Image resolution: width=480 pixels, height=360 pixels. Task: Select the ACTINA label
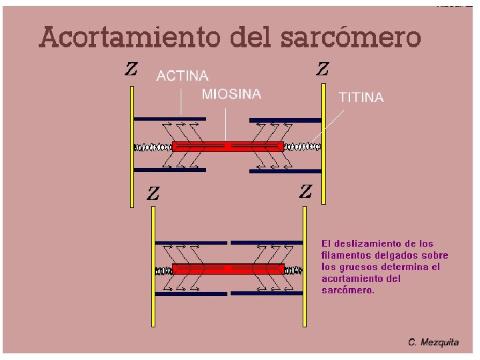point(182,76)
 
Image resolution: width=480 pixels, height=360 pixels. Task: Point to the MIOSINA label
point(231,95)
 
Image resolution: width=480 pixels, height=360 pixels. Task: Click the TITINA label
point(362,97)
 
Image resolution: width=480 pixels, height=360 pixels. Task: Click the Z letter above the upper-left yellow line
point(131,69)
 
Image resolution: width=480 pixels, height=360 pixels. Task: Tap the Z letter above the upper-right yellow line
point(322,69)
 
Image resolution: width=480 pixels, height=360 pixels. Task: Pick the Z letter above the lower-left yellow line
point(153,194)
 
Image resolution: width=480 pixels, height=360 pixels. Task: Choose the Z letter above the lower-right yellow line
point(305,192)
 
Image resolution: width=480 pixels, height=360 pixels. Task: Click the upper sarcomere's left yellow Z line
point(133,147)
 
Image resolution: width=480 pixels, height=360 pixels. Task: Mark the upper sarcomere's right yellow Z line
point(323,147)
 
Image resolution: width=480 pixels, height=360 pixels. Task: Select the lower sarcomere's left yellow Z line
point(153,267)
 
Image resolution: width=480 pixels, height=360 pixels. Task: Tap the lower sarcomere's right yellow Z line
point(305,267)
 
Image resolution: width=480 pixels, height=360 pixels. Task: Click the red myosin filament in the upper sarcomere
point(228,145)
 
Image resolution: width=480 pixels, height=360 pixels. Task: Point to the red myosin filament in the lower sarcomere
point(228,269)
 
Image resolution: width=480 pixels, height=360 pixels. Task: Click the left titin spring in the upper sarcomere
point(153,146)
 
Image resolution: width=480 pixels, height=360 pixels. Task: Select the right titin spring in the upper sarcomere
point(303,146)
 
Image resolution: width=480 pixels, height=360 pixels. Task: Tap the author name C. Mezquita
point(433,342)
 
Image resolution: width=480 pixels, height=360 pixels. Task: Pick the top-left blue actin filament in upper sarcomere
point(169,119)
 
